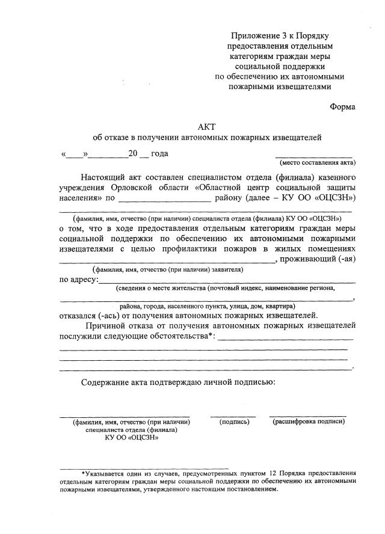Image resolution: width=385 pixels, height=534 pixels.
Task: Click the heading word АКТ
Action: pos(206,126)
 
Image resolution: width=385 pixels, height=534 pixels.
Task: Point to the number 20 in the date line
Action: pos(133,153)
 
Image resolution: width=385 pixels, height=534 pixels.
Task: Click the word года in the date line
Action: pos(159,153)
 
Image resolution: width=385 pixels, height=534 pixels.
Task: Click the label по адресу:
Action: pos(78,280)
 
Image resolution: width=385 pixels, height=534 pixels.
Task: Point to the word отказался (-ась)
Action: pos(89,315)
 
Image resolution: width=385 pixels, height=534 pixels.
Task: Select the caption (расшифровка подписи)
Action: pos(309,422)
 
